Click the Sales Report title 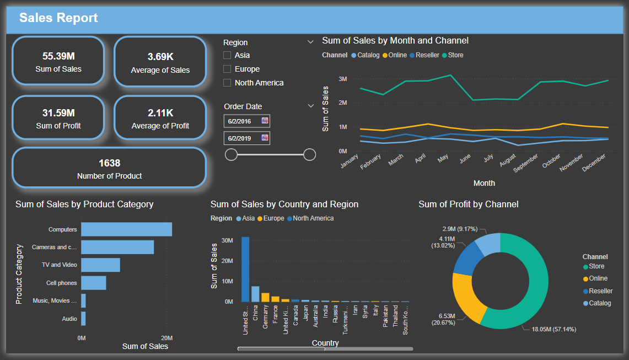(58, 18)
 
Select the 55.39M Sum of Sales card (58, 61)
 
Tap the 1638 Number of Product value (109, 163)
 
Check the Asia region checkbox (227, 55)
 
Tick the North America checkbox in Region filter (227, 83)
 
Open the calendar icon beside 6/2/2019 (265, 138)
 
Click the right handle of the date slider (310, 154)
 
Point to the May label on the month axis (443, 160)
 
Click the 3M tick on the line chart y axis (342, 79)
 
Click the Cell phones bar (94, 283)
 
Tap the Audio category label (69, 319)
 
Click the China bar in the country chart (255, 294)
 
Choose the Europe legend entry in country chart (272, 218)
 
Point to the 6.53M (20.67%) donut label (446, 319)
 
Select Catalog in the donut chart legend (599, 303)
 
